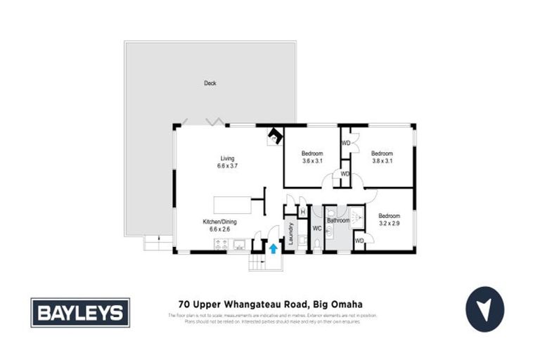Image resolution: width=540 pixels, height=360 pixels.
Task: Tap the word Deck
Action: (x=210, y=83)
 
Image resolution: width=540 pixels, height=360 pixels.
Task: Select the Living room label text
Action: (x=226, y=158)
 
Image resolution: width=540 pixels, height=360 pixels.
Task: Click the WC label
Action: (x=316, y=229)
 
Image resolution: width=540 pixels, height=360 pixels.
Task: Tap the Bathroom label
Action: (x=337, y=221)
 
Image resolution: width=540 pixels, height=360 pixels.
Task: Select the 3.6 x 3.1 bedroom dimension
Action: (x=312, y=162)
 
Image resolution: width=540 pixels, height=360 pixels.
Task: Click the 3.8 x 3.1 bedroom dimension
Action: (x=381, y=162)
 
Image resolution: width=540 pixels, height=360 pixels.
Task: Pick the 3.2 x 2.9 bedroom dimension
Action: (x=389, y=224)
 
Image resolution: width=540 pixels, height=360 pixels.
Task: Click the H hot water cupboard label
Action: (x=302, y=212)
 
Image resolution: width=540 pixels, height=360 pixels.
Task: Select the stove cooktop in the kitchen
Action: (x=220, y=245)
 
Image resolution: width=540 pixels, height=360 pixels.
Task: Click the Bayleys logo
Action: (x=80, y=312)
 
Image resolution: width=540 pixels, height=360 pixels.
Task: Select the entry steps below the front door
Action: (x=257, y=264)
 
